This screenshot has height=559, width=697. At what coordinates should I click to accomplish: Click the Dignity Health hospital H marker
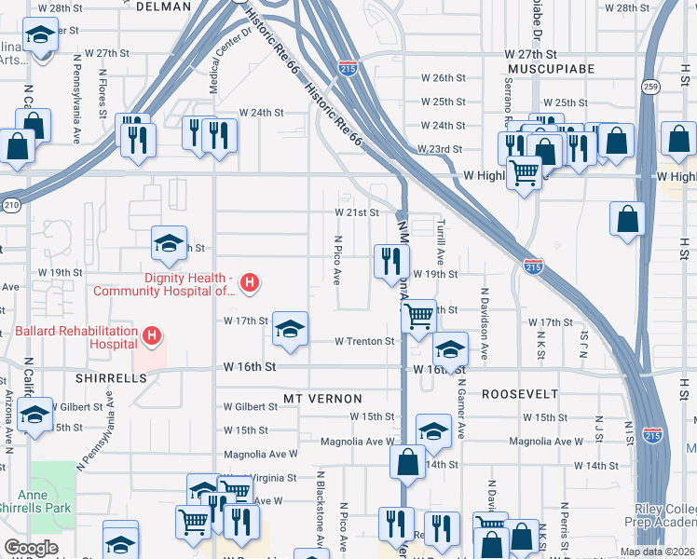[249, 281]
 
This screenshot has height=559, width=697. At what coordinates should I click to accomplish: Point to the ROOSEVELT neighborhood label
[520, 394]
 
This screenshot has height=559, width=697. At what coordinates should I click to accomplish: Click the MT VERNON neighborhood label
[314, 399]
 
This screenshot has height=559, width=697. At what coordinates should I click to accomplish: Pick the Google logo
[31, 548]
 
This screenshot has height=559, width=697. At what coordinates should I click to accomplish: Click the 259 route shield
[650, 87]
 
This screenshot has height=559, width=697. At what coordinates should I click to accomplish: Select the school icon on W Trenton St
[290, 329]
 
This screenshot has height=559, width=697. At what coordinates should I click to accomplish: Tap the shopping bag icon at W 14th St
[408, 460]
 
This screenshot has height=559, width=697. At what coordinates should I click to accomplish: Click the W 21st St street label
[357, 212]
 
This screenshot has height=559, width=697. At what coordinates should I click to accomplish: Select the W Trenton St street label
[364, 342]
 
